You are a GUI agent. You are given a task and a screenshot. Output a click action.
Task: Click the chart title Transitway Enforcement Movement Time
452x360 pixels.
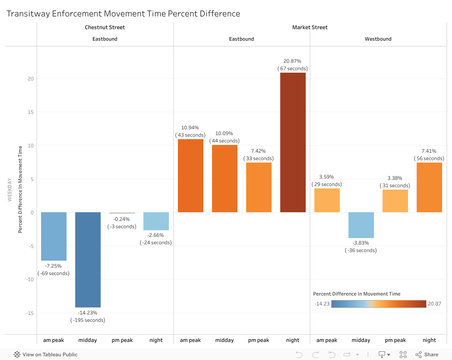click(123, 14)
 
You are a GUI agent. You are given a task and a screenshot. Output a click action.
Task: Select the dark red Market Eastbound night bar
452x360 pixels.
click(293, 142)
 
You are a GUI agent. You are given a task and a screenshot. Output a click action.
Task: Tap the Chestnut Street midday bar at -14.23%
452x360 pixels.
click(88, 259)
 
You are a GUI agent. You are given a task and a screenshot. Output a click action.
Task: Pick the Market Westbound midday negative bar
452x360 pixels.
click(361, 225)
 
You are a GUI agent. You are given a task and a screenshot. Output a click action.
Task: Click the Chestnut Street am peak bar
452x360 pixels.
click(53, 236)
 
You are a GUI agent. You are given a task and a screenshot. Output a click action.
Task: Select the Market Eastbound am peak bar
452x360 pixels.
click(190, 176)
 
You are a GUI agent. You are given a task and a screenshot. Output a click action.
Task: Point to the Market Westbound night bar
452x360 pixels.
click(429, 188)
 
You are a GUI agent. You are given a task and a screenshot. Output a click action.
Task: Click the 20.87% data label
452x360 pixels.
click(293, 61)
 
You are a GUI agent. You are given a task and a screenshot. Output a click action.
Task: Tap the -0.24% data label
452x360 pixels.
click(122, 219)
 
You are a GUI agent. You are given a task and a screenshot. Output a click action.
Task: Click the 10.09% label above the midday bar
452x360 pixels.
click(224, 133)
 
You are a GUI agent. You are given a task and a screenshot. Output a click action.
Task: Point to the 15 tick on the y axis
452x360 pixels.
click(30, 112)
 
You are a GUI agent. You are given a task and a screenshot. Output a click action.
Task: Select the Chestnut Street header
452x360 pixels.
click(105, 28)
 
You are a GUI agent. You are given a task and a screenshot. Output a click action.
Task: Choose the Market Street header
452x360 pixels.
click(310, 28)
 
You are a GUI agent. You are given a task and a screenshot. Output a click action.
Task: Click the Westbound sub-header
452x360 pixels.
click(378, 39)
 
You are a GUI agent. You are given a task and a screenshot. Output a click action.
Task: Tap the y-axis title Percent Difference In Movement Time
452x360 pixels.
click(20, 190)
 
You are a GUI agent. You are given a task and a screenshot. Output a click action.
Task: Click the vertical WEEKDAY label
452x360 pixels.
click(10, 190)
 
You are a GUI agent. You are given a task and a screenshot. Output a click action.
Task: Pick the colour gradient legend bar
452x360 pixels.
click(378, 304)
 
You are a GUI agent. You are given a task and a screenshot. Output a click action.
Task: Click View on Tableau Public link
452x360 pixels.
click(46, 355)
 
